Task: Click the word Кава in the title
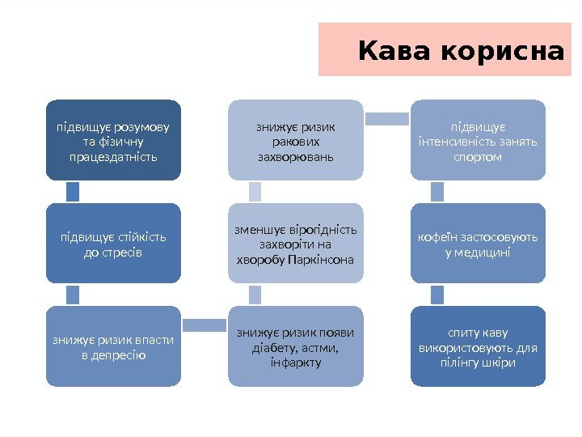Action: tap(396, 51)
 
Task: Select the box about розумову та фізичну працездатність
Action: tap(113, 140)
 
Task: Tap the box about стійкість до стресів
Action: tap(113, 244)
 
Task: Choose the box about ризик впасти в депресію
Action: tap(113, 346)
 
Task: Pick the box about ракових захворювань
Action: tap(295, 140)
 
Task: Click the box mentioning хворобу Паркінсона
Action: tap(295, 244)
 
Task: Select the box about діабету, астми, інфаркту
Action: tap(295, 346)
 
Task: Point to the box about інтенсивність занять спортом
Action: tap(478, 140)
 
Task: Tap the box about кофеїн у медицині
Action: tap(478, 244)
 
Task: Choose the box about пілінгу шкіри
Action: tap(478, 346)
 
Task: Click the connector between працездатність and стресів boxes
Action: tap(73, 192)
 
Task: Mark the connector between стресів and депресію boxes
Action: tap(73, 295)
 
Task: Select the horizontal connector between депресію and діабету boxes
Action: tap(205, 325)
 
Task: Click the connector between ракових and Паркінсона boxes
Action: tap(255, 192)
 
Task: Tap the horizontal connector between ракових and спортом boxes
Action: tap(386, 119)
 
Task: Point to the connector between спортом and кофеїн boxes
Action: tap(437, 192)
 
